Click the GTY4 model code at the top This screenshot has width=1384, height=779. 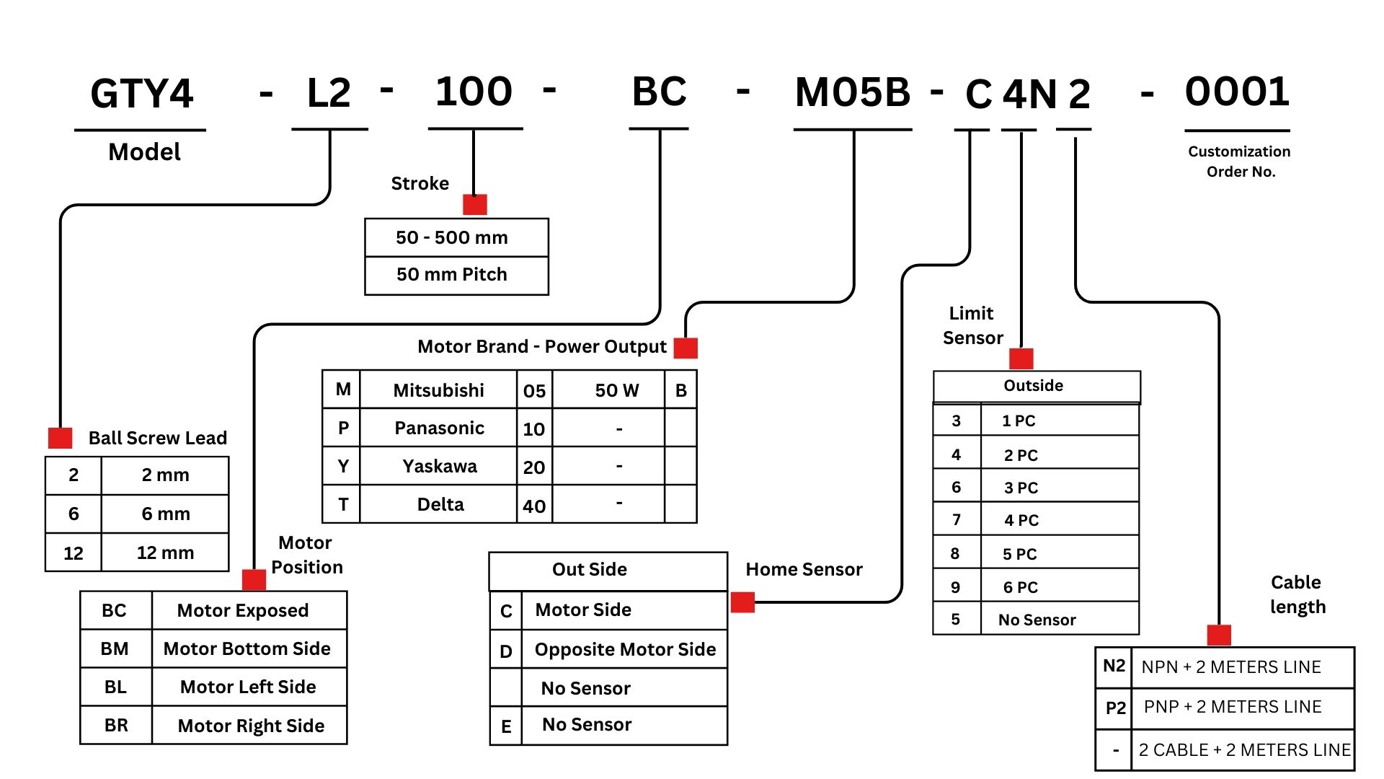(x=142, y=94)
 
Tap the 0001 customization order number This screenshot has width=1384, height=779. (x=1237, y=92)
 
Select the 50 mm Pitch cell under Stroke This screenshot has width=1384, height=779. (x=452, y=275)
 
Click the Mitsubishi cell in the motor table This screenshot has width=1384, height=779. (x=438, y=390)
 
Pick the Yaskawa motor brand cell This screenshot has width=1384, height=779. (x=440, y=467)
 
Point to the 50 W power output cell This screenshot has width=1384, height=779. (x=616, y=390)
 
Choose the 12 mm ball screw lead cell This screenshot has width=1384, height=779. (x=165, y=553)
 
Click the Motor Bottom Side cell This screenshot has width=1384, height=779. (x=247, y=648)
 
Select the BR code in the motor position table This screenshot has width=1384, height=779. (x=116, y=725)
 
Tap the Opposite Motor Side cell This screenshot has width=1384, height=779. (x=625, y=649)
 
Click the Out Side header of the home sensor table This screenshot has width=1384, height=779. (x=590, y=569)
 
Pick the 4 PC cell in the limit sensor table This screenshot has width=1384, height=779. (x=1021, y=520)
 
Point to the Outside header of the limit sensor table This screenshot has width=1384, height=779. (x=1033, y=386)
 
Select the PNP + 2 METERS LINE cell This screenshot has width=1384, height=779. (x=1233, y=707)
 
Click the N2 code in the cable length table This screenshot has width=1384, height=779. (x=1114, y=666)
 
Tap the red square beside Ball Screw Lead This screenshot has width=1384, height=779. (x=60, y=438)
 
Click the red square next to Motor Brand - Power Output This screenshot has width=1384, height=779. (x=686, y=348)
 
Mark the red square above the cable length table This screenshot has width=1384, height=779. (x=1219, y=635)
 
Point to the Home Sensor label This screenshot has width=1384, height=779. (x=804, y=570)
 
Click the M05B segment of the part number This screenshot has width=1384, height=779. (x=853, y=93)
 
